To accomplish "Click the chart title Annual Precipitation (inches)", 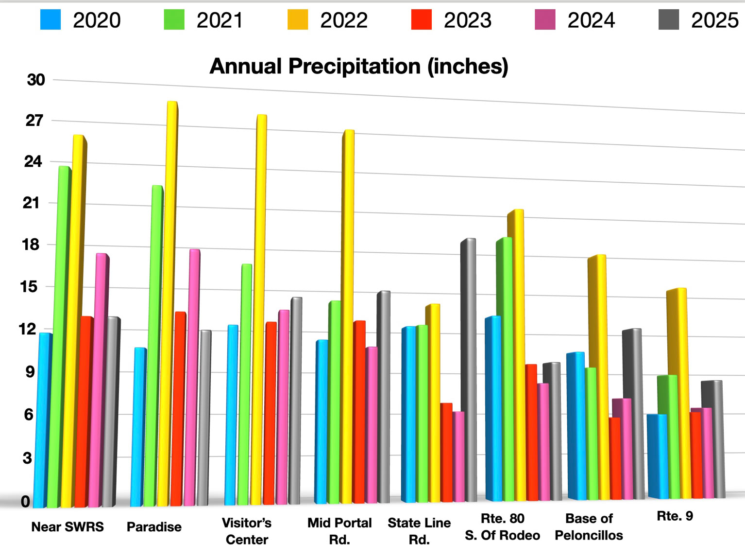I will coord(358,66).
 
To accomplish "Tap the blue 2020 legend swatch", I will coord(51,20).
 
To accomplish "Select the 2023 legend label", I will coord(467,20).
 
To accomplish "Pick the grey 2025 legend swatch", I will coord(669,20).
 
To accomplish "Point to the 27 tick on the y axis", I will coord(34,120).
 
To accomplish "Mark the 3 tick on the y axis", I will coord(27,457).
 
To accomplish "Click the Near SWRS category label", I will coord(68,527).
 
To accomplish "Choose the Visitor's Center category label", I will coord(247,531).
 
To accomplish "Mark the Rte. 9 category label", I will coord(675,516).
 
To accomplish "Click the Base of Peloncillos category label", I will coord(589,527).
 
